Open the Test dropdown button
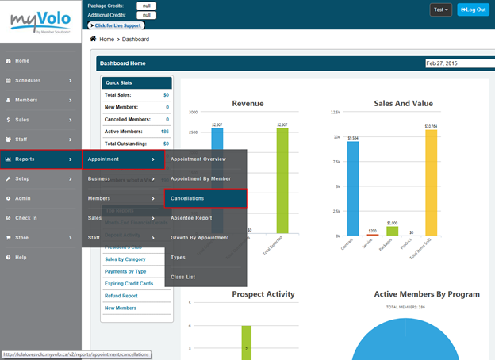coord(441,10)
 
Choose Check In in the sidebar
coord(25,218)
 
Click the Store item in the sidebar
coord(22,237)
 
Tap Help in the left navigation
coord(21,257)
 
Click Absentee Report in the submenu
coord(191,218)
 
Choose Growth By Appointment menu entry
coord(199,238)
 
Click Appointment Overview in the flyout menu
coord(198,159)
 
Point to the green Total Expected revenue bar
coord(282,178)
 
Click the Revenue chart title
coord(247,103)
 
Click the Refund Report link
coord(122,296)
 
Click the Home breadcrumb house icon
coord(93,38)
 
